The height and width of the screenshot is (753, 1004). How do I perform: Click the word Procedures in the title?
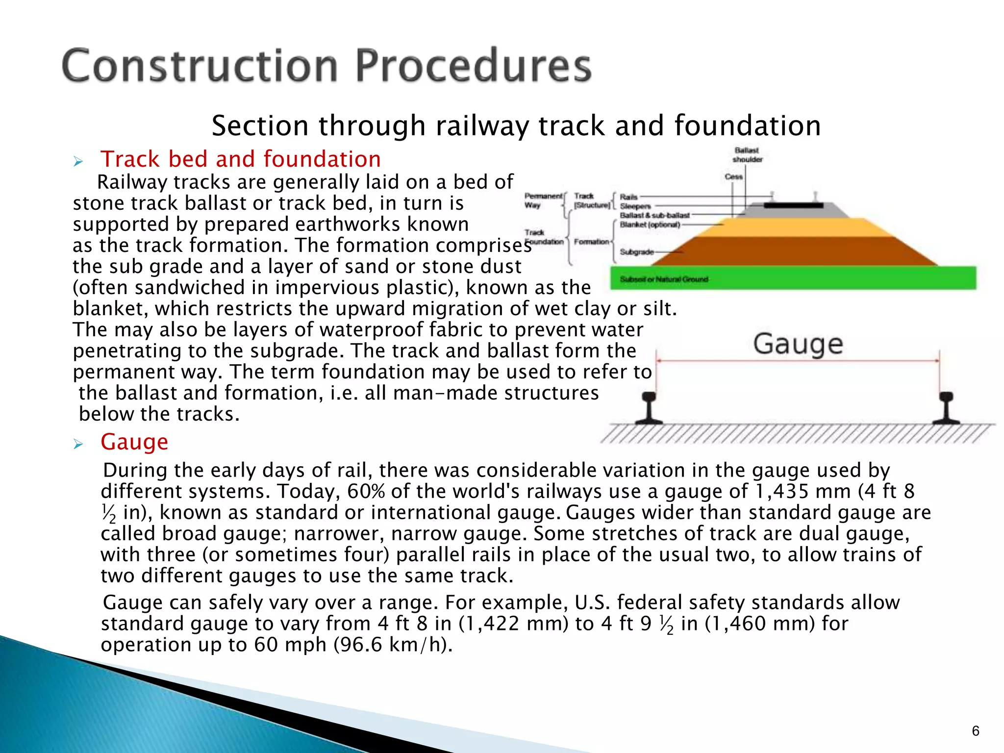[x=473, y=66]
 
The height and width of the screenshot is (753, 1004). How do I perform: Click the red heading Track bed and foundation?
[x=241, y=159]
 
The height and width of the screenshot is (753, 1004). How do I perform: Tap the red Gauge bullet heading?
[x=134, y=442]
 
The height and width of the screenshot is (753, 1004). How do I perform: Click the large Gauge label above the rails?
[x=798, y=344]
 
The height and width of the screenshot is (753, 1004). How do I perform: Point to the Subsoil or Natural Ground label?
[x=664, y=279]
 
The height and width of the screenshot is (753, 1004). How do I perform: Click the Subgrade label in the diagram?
[x=636, y=252]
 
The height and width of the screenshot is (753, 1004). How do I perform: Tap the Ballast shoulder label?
[x=747, y=155]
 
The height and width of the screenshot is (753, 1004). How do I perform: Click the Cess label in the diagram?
[x=733, y=176]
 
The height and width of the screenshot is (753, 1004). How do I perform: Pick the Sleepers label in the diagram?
[x=635, y=206]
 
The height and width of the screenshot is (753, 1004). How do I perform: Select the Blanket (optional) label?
[x=650, y=225]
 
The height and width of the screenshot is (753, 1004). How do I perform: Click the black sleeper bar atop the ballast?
[x=793, y=205]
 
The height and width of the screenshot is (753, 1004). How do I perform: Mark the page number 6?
[x=975, y=731]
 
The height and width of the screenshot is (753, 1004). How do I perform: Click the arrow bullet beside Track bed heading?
[x=78, y=161]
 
